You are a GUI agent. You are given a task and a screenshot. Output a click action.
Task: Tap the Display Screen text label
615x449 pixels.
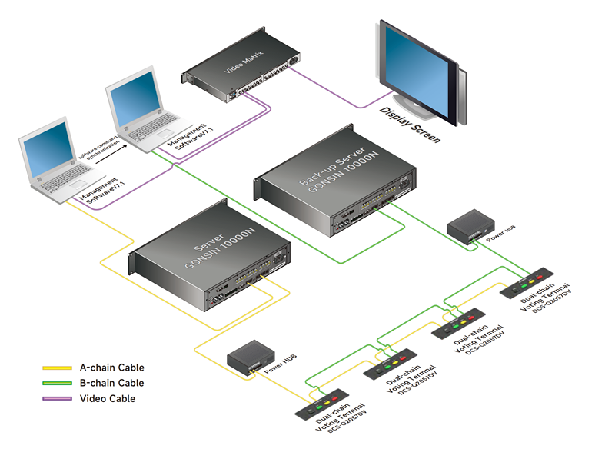click(411, 125)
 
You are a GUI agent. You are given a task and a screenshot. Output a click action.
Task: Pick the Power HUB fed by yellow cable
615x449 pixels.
click(251, 357)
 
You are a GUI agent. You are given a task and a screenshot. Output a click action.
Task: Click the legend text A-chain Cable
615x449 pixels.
click(111, 368)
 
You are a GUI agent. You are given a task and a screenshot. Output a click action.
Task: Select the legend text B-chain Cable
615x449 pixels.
click(111, 383)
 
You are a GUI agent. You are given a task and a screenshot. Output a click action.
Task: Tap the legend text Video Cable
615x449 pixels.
click(108, 398)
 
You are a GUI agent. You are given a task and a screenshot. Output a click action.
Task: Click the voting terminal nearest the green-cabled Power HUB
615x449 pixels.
click(527, 282)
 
